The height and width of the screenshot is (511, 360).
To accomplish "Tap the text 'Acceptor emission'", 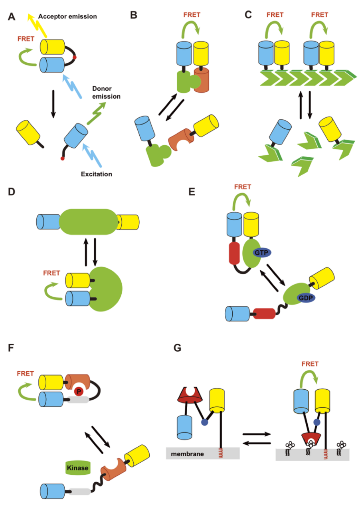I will coord(67,16).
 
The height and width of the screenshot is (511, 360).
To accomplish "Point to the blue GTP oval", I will coord(262,252).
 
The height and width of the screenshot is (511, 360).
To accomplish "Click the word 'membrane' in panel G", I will coord(185,454).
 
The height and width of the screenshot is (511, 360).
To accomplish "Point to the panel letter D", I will coord(12,192).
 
